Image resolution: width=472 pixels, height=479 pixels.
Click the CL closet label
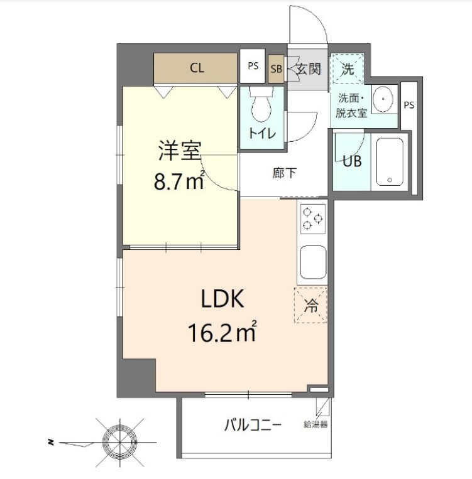click(x=197, y=68)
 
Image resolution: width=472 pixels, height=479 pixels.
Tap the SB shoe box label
click(x=277, y=69)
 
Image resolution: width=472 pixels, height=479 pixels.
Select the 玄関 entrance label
click(x=309, y=69)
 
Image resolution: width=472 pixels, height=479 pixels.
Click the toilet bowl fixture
click(x=261, y=104)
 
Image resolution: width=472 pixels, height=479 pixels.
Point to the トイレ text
click(x=262, y=134)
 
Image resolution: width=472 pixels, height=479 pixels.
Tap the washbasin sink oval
click(x=383, y=99)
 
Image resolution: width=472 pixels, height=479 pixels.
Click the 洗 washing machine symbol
click(x=348, y=69)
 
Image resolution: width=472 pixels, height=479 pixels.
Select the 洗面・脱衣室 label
click(x=351, y=106)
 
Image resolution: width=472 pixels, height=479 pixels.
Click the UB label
click(x=352, y=161)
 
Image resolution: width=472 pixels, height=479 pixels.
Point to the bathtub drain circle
click(x=390, y=180)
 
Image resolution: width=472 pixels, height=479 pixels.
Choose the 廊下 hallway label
click(x=285, y=173)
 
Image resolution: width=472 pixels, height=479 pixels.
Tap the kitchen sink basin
click(x=313, y=262)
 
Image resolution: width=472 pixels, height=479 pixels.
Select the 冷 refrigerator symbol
click(x=310, y=305)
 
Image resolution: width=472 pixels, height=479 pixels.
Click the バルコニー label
click(x=253, y=425)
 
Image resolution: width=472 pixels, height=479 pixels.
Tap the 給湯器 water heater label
click(x=316, y=424)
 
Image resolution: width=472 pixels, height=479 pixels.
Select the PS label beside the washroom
click(x=409, y=105)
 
